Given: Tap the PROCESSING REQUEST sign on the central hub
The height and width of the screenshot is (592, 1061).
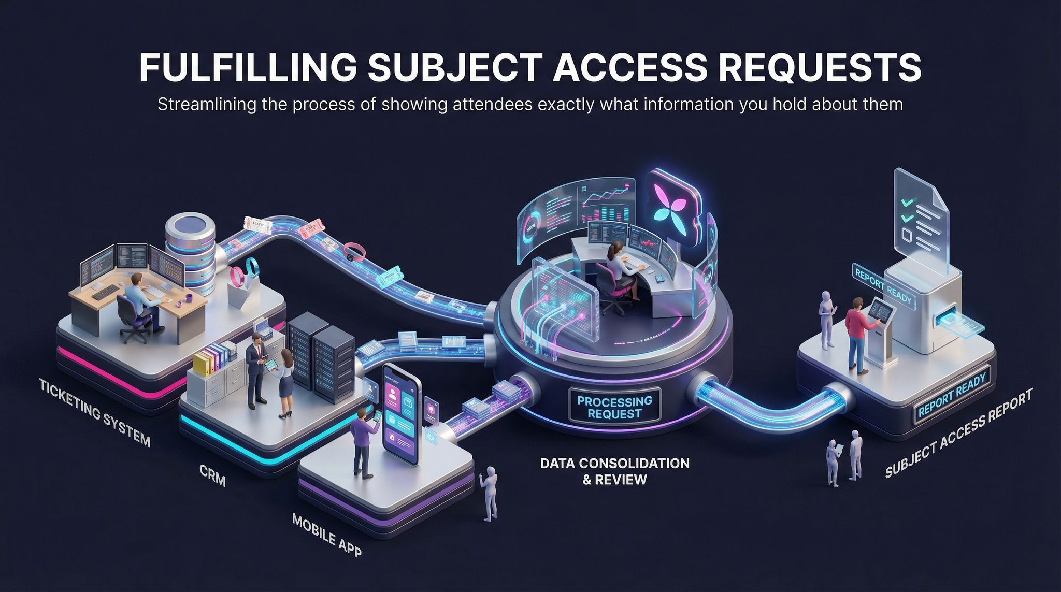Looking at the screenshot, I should point(614,407).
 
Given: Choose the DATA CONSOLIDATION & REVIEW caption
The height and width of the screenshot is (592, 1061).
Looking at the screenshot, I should point(614,470).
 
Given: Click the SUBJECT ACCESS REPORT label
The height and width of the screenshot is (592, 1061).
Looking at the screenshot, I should point(958,433).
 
